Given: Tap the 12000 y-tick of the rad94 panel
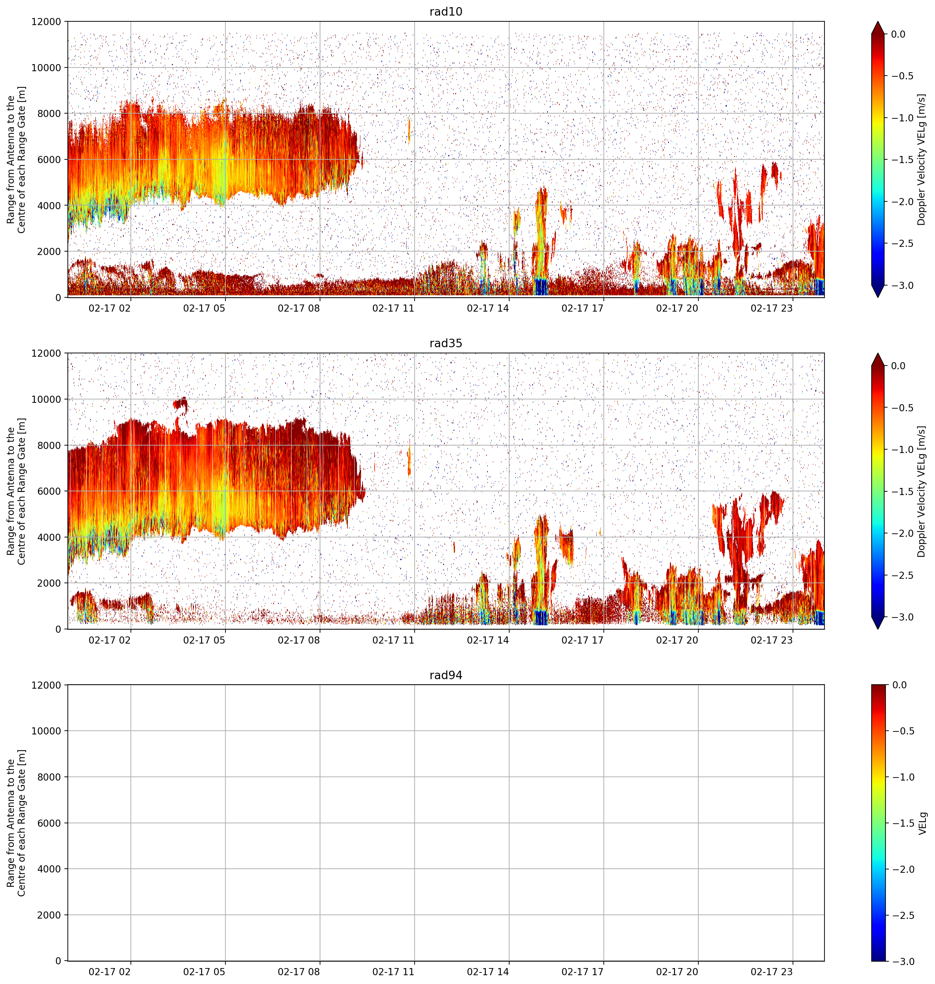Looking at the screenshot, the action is click(x=46, y=685).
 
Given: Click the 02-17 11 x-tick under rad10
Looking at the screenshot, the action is click(x=393, y=308).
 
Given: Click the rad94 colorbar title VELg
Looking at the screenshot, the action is click(x=922, y=823).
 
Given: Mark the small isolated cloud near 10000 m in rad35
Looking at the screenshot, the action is click(x=180, y=405).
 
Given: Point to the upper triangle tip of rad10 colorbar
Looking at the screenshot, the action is click(x=878, y=21).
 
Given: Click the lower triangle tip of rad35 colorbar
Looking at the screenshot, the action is click(x=878, y=629).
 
